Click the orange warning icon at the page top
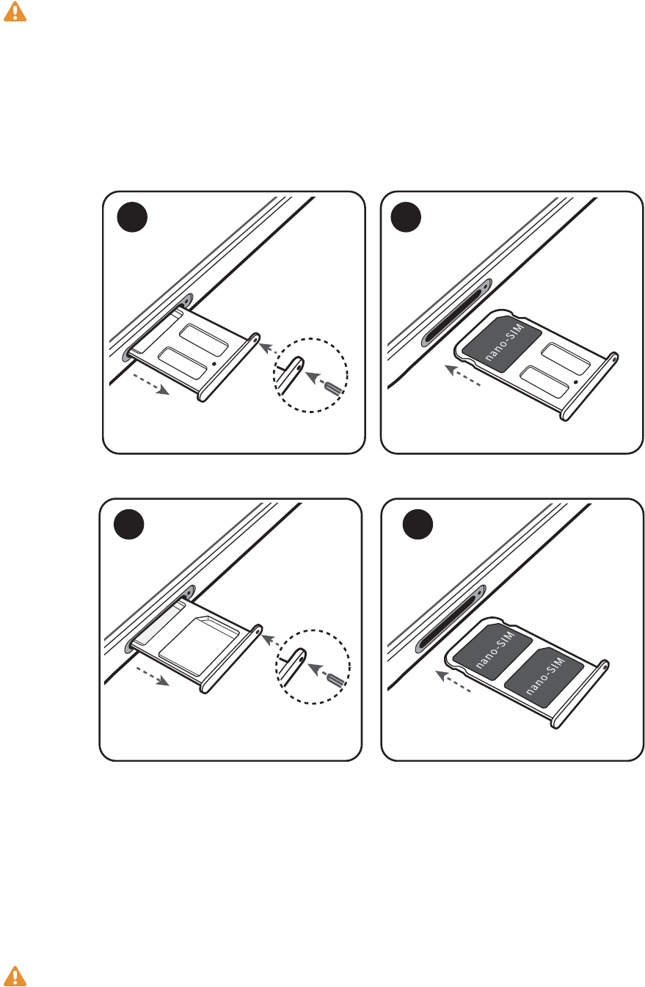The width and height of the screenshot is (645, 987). (15, 12)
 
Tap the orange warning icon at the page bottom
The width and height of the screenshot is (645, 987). (15, 976)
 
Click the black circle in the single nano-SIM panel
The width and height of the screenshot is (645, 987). (406, 217)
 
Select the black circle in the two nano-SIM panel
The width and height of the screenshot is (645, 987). (418, 525)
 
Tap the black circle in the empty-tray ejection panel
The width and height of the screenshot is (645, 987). (132, 217)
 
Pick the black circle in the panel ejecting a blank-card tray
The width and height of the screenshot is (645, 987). (128, 525)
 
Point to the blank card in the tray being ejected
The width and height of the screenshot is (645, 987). (199, 645)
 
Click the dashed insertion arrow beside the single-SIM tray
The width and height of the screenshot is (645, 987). (462, 376)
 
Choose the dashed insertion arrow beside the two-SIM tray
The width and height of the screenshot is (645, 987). (453, 681)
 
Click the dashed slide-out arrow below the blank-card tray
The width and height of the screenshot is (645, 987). (153, 676)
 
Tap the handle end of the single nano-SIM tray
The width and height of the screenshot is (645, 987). (589, 387)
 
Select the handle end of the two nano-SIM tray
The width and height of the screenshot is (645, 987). (580, 694)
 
